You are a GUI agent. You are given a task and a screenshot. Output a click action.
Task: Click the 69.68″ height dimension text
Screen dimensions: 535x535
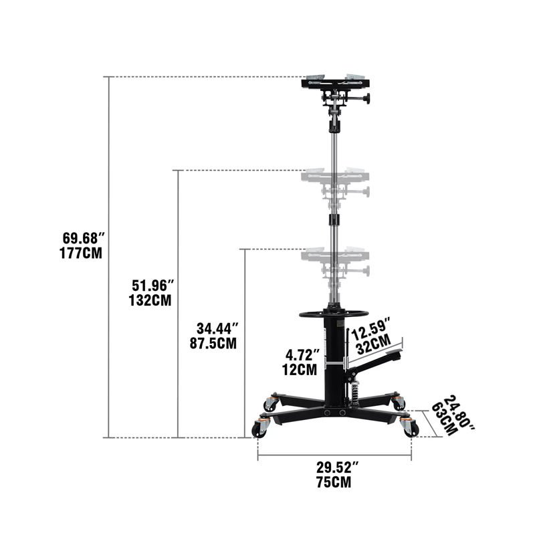tap(84, 239)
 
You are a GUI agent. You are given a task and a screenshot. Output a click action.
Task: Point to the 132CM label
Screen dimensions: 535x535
tap(150, 300)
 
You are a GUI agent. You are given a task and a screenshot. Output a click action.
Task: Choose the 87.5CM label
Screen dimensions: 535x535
tap(213, 344)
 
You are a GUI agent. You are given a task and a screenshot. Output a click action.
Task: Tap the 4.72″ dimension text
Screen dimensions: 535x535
tap(302, 354)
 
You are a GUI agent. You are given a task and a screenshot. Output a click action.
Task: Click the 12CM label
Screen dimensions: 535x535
tap(299, 368)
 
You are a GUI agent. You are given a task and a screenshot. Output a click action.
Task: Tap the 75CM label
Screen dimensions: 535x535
tap(334, 481)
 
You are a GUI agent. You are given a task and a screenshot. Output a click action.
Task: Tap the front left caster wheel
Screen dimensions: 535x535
tap(259, 430)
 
